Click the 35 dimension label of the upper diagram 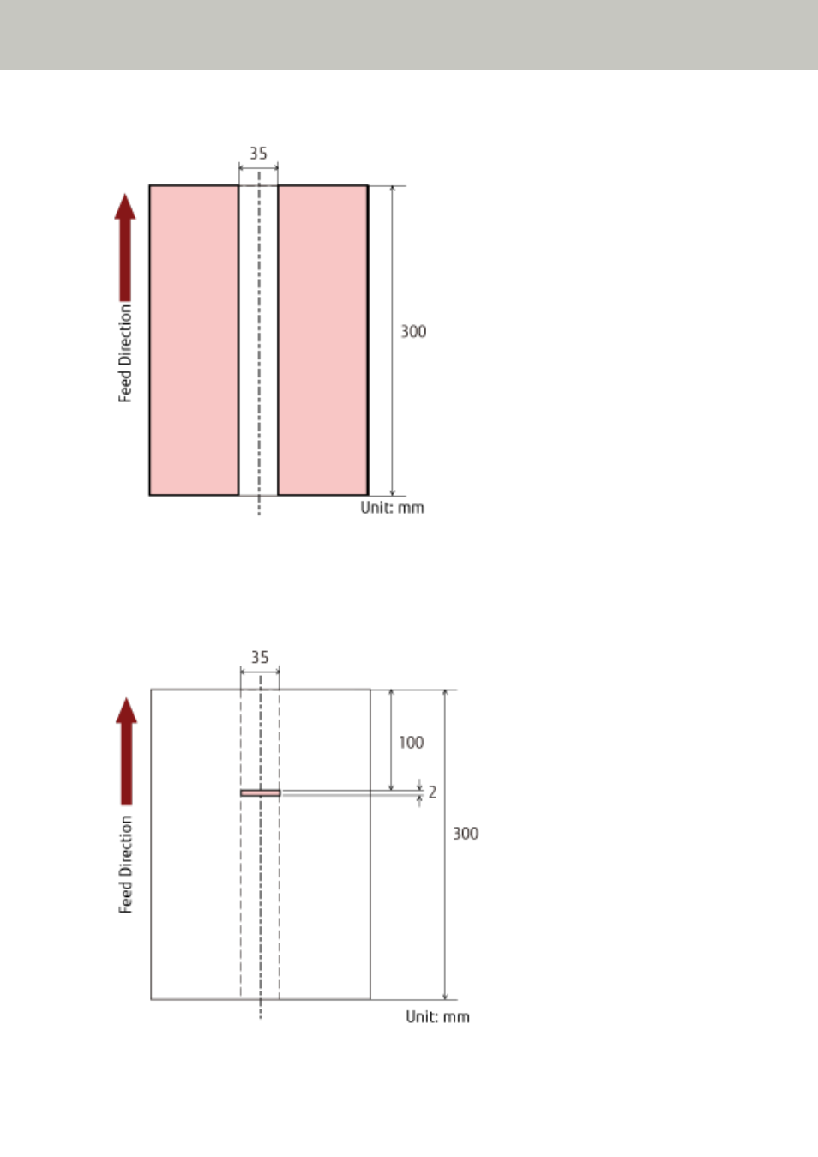tap(258, 154)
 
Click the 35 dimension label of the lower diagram tap(260, 658)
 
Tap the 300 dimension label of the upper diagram tap(413, 332)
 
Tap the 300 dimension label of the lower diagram tap(466, 834)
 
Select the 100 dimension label tap(411, 743)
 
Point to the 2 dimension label tap(432, 792)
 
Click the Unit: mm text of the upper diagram tap(393, 508)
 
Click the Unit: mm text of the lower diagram tap(438, 1017)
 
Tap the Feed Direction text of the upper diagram tap(125, 353)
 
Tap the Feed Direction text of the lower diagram tap(125, 865)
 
